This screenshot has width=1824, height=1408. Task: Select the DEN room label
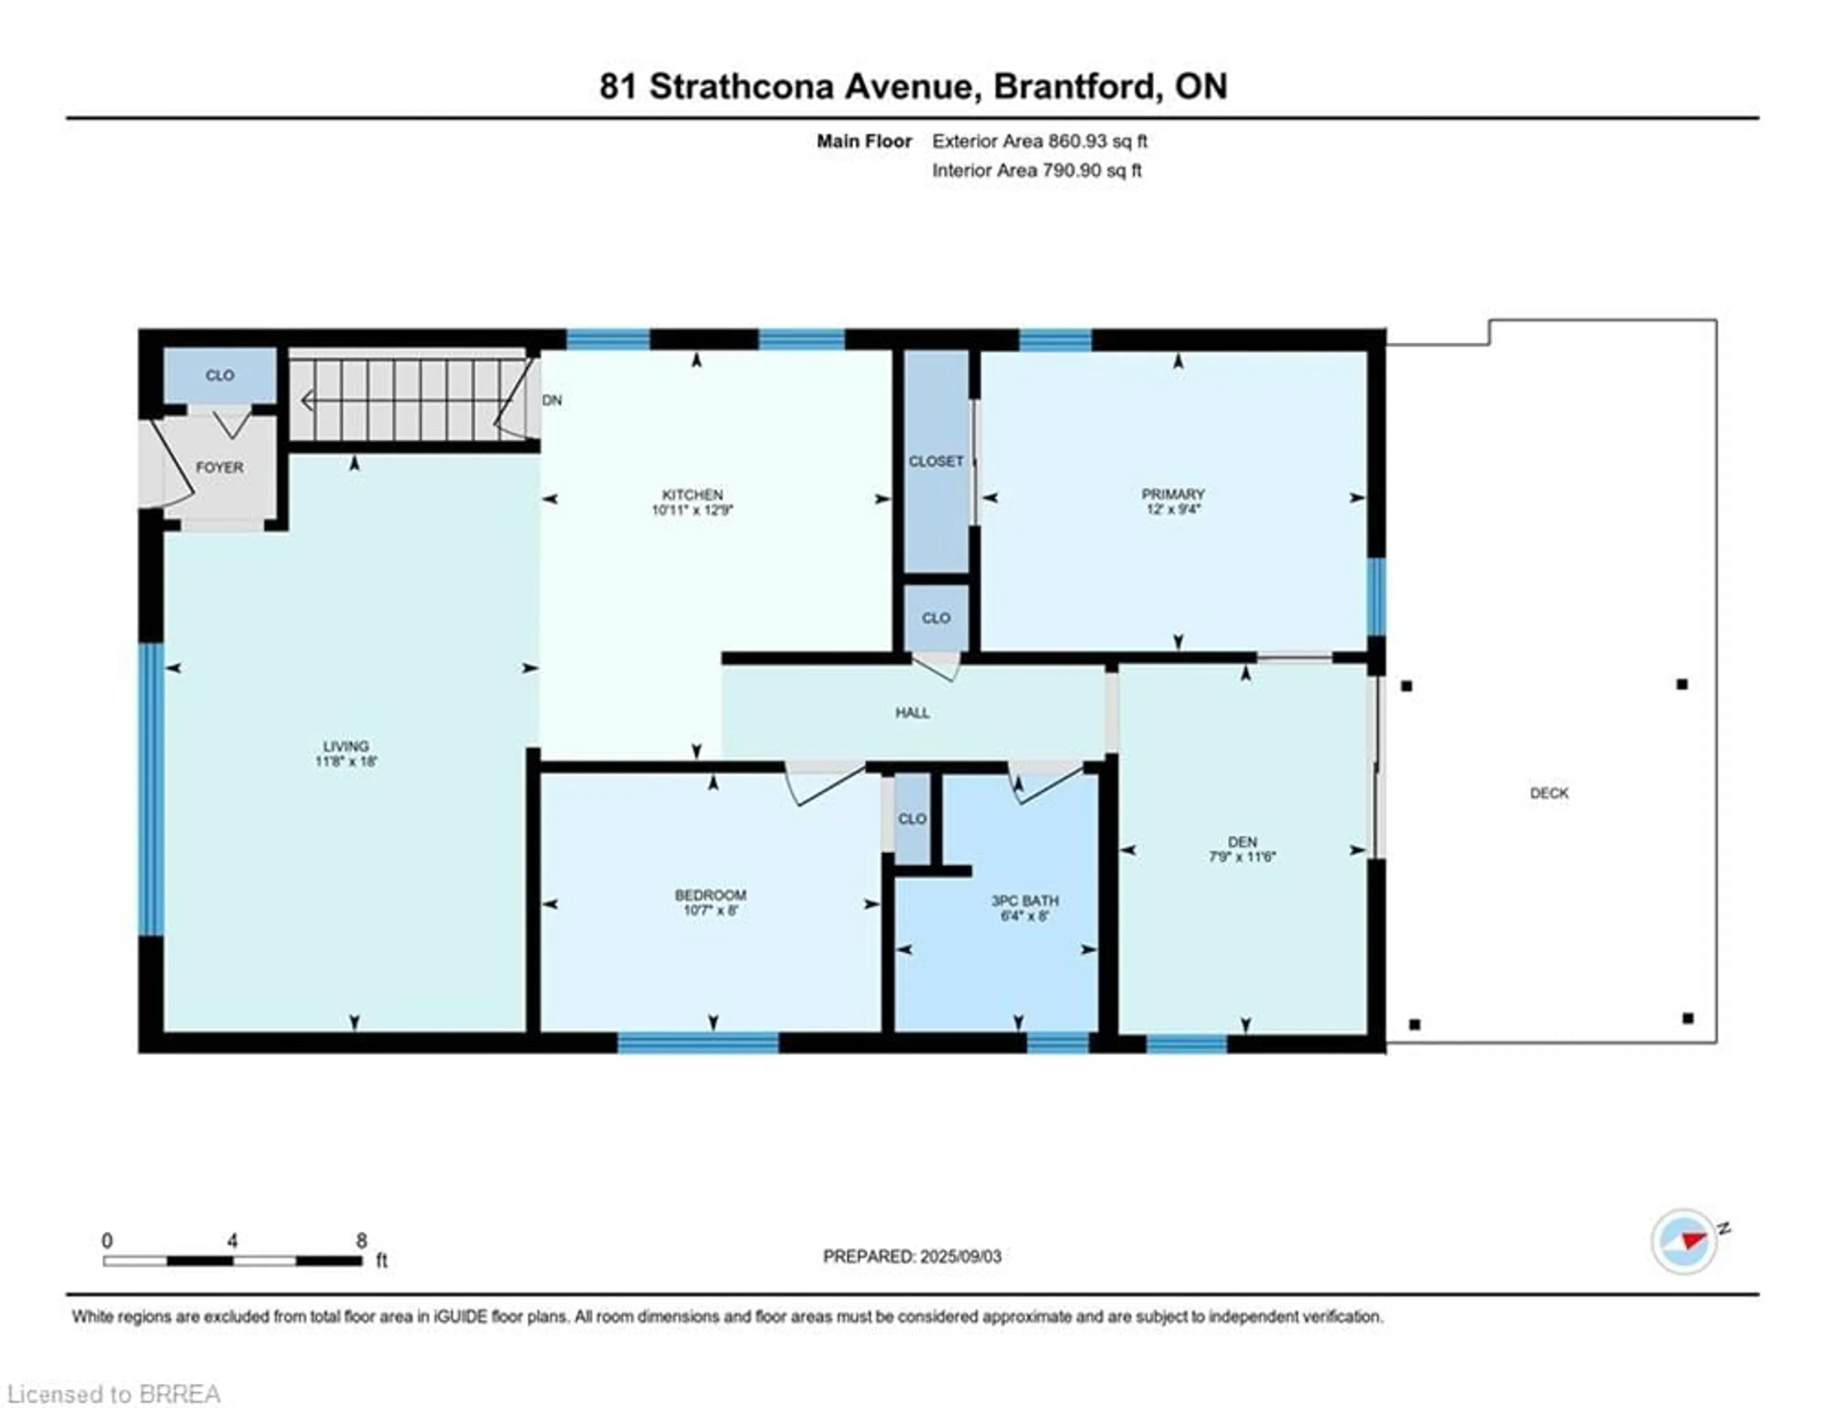1242,842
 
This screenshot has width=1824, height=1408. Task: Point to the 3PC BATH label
1024,900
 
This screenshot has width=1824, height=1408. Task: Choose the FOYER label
219,467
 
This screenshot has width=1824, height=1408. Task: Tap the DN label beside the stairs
552,400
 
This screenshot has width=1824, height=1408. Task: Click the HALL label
912,713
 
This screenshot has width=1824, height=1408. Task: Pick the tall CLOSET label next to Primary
935,461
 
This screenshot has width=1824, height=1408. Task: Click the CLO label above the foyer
219,375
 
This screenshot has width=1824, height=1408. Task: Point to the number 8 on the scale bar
361,1240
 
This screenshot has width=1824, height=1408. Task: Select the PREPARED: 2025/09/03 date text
912,1256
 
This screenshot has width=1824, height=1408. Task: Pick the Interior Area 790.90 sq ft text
1036,171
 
